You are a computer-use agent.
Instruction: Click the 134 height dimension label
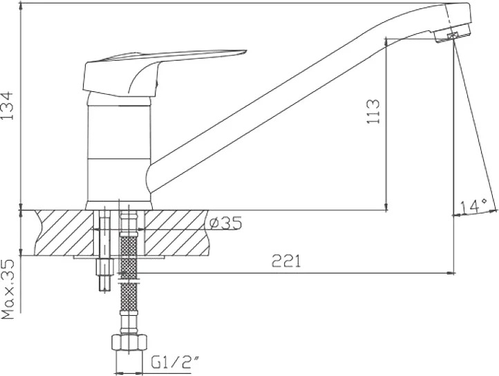tap(8, 106)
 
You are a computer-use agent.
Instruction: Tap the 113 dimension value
tap(373, 111)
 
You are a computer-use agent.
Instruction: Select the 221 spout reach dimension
tap(286, 261)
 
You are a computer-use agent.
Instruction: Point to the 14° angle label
tap(474, 207)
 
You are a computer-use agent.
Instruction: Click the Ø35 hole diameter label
tap(225, 223)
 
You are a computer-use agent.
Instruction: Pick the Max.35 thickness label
tap(8, 289)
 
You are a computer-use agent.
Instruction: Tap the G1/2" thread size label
tap(175, 363)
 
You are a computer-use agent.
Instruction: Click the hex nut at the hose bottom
tap(129, 343)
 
